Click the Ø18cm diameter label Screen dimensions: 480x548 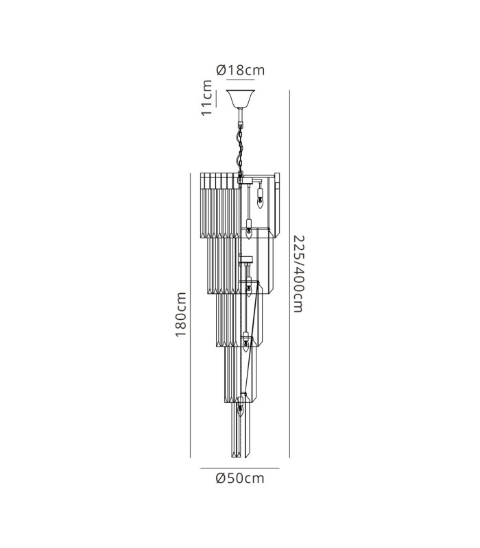pyautogui.click(x=241, y=71)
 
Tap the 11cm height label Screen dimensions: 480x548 pyautogui.click(x=207, y=98)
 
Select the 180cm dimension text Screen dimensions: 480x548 pyautogui.click(x=180, y=314)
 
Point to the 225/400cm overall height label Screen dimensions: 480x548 pyautogui.click(x=298, y=274)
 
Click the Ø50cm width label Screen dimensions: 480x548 pyautogui.click(x=240, y=478)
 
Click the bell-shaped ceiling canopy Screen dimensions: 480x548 pyautogui.click(x=241, y=99)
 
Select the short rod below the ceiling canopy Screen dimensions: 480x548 pyautogui.click(x=240, y=114)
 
